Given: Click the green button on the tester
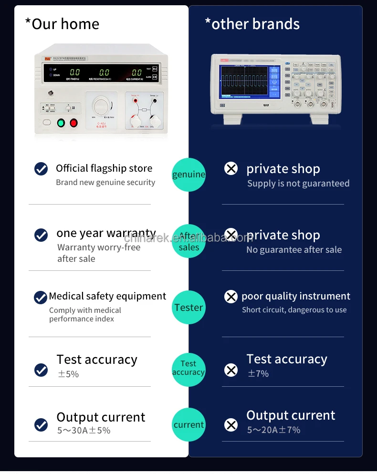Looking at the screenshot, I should pyautogui.click(x=61, y=123).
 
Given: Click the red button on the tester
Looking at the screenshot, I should pyautogui.click(x=73, y=123).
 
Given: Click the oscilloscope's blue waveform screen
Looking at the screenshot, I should pyautogui.click(x=243, y=83).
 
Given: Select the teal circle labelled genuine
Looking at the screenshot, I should pyautogui.click(x=188, y=175).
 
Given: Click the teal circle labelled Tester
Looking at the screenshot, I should pyautogui.click(x=188, y=308).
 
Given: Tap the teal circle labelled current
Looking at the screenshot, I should pyautogui.click(x=188, y=424).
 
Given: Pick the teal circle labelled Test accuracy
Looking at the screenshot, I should pyautogui.click(x=188, y=368).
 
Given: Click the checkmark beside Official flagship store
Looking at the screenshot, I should pyautogui.click(x=41, y=169).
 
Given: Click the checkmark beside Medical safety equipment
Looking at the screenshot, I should pyautogui.click(x=41, y=298).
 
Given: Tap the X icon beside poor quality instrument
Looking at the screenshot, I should pyautogui.click(x=231, y=297).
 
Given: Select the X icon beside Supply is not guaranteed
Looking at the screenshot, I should pyautogui.click(x=231, y=168).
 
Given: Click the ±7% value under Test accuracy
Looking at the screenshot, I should pyautogui.click(x=258, y=374).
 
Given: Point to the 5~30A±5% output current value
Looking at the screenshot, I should pyautogui.click(x=84, y=431).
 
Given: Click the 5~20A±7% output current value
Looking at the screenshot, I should pyautogui.click(x=273, y=430).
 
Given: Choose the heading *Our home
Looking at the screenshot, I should pyautogui.click(x=62, y=24).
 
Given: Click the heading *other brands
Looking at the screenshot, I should pyautogui.click(x=252, y=24).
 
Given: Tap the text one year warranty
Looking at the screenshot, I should pyautogui.click(x=106, y=234).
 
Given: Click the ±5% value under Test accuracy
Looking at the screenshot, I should pyautogui.click(x=68, y=374).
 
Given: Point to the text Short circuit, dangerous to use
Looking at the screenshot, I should pyautogui.click(x=294, y=310).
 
